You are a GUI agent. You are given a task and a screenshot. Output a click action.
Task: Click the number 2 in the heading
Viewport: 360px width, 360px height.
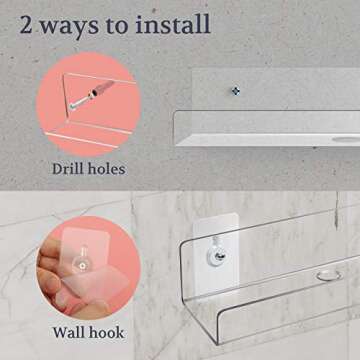26,24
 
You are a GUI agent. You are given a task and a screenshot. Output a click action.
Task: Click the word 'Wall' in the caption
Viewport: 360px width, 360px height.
67,332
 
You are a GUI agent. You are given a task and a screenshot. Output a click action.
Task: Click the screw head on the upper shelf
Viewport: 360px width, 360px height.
236,91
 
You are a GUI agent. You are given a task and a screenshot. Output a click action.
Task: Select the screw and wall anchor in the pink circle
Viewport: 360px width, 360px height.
91,94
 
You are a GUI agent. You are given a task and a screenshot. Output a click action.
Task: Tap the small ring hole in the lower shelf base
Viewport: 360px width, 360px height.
329,275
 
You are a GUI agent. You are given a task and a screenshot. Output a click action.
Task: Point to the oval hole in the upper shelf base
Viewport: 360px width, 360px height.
347,139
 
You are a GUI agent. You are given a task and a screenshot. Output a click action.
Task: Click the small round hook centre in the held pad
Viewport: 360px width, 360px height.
82,266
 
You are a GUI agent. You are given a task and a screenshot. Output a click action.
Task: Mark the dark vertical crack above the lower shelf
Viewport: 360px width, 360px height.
337,211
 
